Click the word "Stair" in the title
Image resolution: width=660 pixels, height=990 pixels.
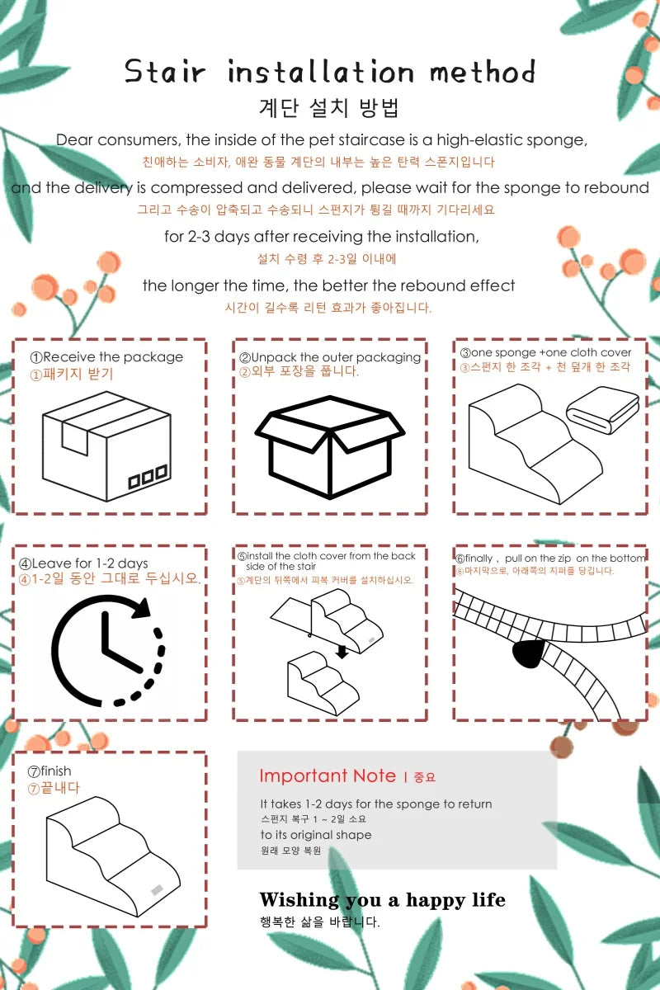point(165,71)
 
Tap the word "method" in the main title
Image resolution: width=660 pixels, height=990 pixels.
point(483,72)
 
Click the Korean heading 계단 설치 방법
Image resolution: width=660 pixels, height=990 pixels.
point(329,108)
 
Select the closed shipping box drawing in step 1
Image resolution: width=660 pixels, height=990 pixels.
point(106,446)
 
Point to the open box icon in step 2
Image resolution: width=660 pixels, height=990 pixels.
point(330,447)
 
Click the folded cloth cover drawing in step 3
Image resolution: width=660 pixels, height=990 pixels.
point(603,410)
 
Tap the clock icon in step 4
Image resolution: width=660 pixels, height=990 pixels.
point(108,650)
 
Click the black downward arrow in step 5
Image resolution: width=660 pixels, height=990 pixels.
point(342,652)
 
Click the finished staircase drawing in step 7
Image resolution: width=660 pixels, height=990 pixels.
point(113,856)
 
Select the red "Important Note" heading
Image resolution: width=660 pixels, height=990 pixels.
point(328,776)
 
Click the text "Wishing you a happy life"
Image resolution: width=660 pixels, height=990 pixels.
point(382,900)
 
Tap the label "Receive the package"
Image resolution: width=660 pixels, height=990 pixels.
point(113,356)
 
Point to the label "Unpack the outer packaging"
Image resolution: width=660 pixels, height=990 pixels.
point(336,357)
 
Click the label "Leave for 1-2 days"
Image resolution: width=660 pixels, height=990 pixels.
point(90,563)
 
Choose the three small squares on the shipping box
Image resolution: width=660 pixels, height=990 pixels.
point(148,476)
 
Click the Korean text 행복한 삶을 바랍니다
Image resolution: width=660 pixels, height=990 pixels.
point(319,922)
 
